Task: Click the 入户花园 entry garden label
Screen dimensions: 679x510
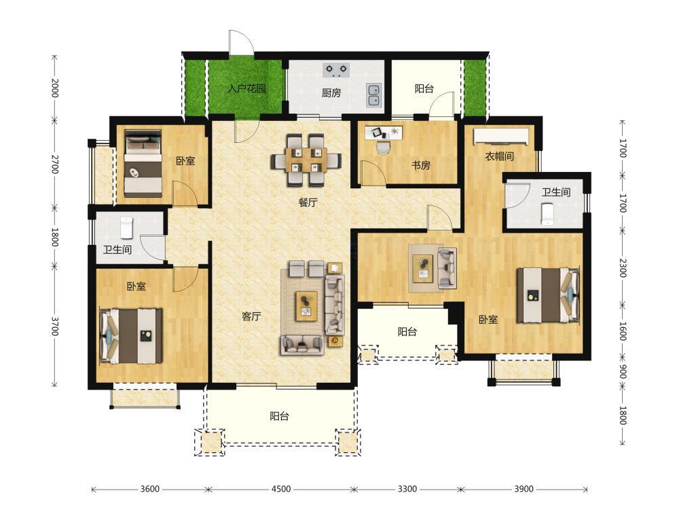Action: tap(246, 89)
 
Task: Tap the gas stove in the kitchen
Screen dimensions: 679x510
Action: tap(337, 70)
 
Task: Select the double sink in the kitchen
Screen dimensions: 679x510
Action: tap(373, 95)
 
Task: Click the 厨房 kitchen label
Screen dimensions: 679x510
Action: tap(331, 92)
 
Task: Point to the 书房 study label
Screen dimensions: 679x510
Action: tap(420, 165)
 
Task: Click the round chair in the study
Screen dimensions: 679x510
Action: tap(383, 148)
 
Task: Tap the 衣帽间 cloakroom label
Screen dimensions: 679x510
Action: tap(499, 156)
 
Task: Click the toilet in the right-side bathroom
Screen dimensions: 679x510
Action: tap(548, 215)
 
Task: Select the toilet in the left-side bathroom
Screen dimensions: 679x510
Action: tap(126, 228)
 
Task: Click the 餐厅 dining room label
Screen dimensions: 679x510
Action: tap(308, 203)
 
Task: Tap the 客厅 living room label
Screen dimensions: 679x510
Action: tap(251, 317)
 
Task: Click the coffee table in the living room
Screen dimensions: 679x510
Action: tap(307, 307)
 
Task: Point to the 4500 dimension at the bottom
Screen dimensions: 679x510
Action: tap(281, 489)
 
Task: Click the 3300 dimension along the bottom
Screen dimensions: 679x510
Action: tap(407, 489)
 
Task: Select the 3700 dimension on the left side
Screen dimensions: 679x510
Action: tap(55, 326)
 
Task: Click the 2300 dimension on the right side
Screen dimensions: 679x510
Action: tap(623, 267)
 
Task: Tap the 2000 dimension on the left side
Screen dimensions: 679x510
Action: tap(55, 88)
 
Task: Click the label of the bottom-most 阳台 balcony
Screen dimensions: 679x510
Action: tap(279, 416)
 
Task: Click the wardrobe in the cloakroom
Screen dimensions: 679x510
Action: tap(501, 136)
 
